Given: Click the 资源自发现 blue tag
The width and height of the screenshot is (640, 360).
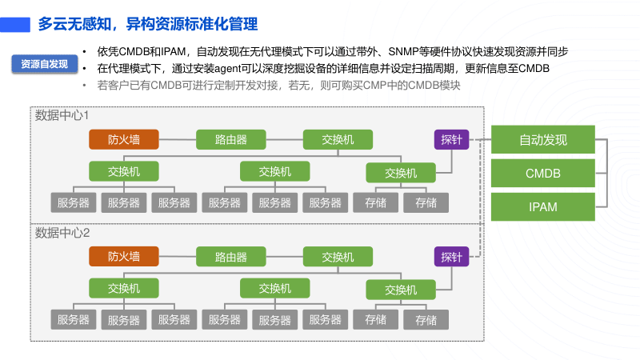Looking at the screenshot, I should [x=44, y=65].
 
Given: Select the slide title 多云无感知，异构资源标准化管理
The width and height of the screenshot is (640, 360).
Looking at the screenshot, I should [x=148, y=24].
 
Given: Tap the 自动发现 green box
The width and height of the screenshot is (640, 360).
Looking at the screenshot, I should [x=543, y=140].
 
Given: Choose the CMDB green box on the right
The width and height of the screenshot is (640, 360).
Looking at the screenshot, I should [x=543, y=173].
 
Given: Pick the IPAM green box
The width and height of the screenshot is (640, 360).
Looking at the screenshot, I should [x=543, y=207].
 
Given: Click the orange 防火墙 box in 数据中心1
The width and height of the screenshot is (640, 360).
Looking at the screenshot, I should [x=124, y=140].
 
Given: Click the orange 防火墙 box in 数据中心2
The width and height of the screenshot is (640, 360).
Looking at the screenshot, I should [x=124, y=257].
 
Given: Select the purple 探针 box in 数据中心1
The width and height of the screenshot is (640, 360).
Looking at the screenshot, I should [x=451, y=140].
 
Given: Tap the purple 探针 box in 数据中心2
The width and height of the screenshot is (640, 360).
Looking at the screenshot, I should [x=451, y=257].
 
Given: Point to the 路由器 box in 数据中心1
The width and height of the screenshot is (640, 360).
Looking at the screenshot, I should [x=231, y=140].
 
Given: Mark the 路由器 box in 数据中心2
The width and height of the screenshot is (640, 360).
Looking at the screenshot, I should [x=231, y=257].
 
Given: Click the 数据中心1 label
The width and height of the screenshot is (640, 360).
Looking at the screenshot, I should [x=62, y=116].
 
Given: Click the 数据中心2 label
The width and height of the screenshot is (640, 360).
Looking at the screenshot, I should [x=62, y=233].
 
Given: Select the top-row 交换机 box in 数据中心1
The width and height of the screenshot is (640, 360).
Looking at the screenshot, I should [x=338, y=140].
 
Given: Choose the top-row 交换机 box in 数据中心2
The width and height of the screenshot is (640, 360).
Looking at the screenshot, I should [x=338, y=257].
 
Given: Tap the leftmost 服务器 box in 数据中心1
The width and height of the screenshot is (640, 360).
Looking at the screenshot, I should [x=73, y=202].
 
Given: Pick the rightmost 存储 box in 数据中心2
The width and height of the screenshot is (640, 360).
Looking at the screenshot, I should [x=426, y=319].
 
